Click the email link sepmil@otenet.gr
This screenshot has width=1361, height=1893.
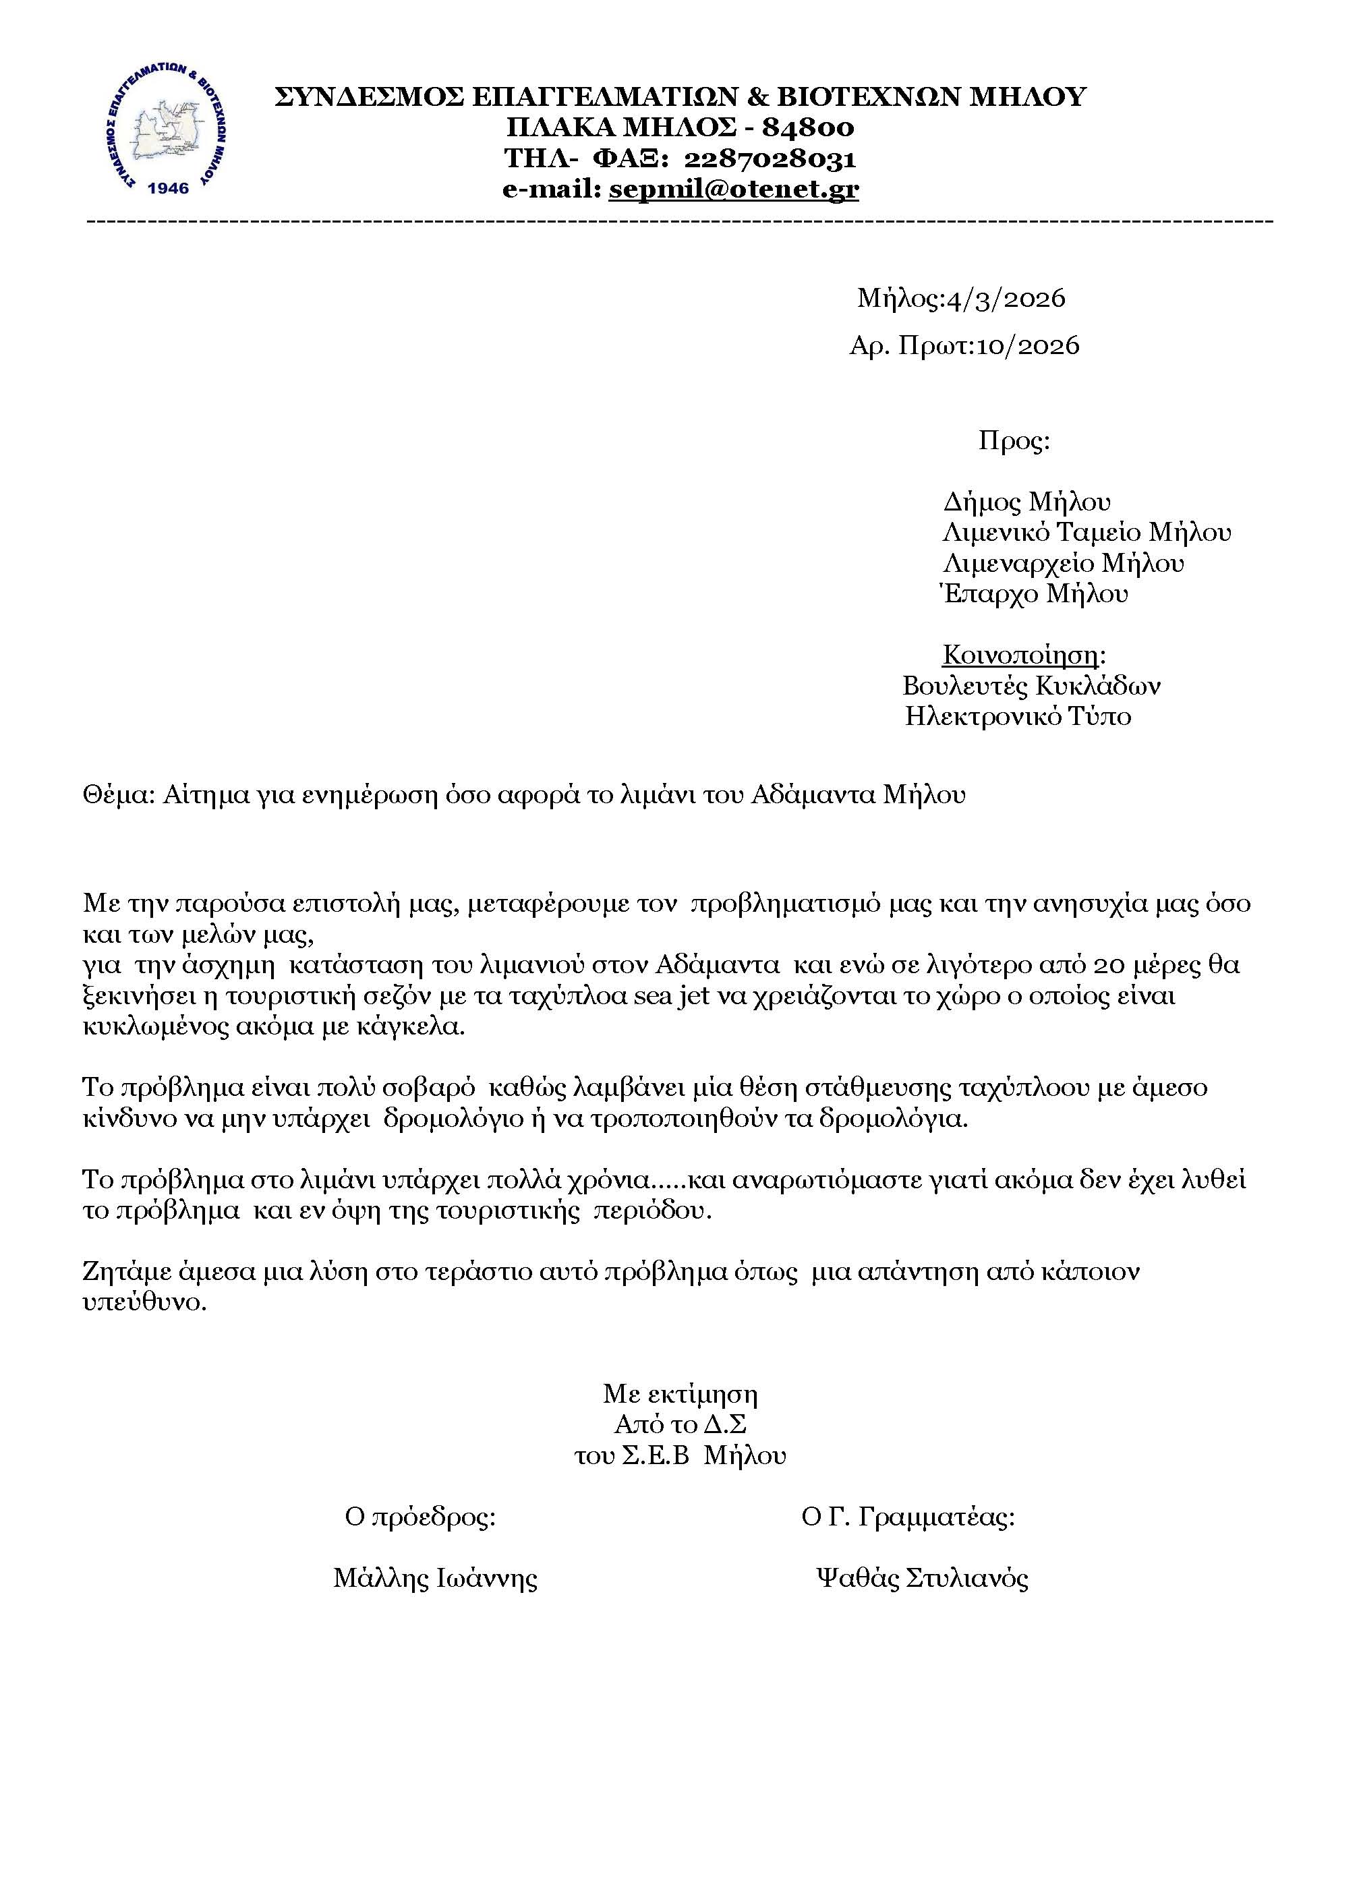coord(734,190)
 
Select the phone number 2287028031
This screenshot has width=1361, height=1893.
coord(770,158)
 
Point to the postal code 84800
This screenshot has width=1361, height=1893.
coord(808,127)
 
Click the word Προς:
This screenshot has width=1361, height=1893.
coord(1014,440)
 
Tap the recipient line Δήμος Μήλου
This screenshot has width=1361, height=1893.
coord(1026,502)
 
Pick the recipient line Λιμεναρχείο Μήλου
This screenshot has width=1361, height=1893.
coord(1063,563)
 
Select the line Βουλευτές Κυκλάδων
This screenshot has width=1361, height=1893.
coord(1031,686)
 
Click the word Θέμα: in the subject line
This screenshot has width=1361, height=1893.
coord(119,794)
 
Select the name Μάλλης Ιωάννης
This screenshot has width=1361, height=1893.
coord(436,1578)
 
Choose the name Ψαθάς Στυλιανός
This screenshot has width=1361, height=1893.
coord(922,1578)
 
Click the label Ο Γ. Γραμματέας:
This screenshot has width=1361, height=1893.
coord(908,1517)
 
